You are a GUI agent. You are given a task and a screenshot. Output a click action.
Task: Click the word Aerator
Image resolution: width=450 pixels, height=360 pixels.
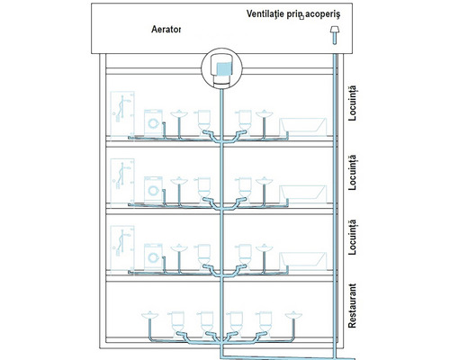[x=166, y=29]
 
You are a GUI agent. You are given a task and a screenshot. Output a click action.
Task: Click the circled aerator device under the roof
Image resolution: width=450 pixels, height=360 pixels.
[x=220, y=67]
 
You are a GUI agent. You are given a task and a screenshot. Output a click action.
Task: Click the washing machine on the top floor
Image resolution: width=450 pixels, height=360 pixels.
[x=153, y=123]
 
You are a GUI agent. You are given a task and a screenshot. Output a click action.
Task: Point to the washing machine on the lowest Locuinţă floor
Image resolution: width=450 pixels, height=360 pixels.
[x=153, y=255]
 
